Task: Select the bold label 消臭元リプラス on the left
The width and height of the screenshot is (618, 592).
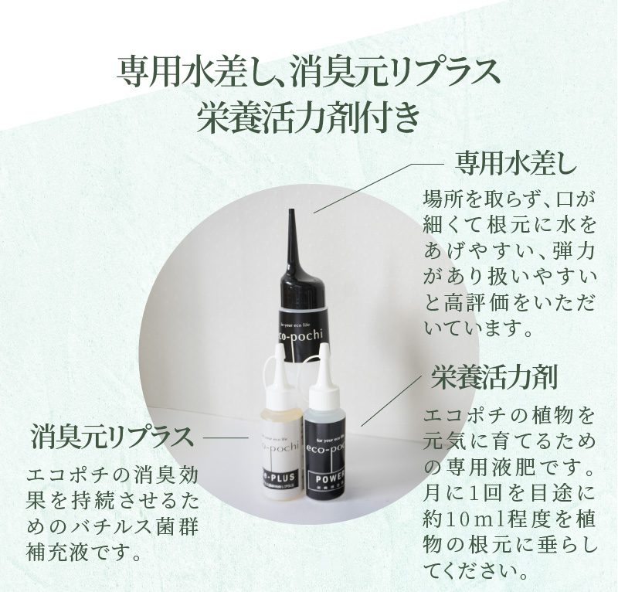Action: pos(111,436)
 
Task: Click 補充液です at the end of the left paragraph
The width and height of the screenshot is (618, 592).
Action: pos(85,553)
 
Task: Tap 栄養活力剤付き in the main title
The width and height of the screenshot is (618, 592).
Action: pos(308,117)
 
